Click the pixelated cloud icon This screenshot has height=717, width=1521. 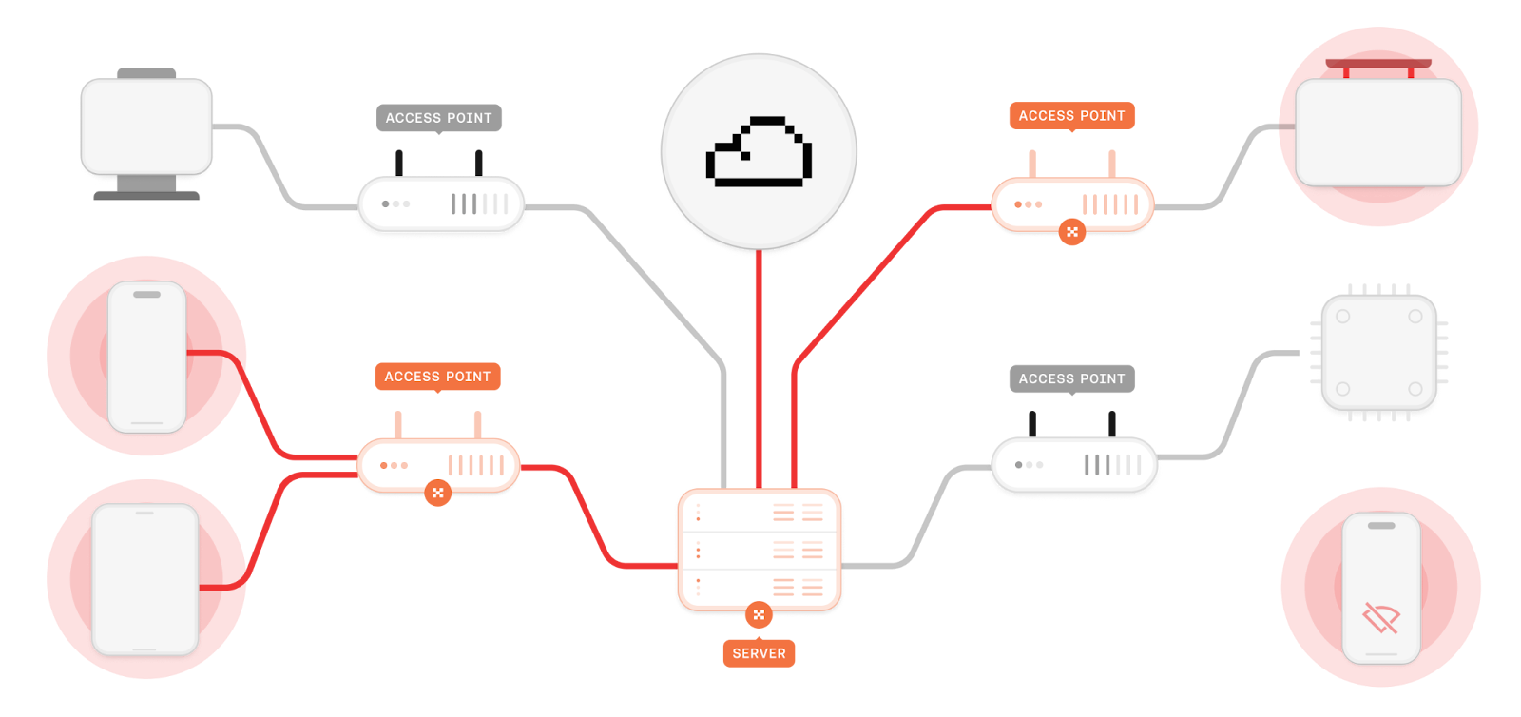pos(759,152)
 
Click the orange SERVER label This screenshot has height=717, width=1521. pos(759,653)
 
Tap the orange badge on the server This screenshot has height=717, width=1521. pos(759,614)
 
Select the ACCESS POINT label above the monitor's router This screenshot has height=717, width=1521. pos(438,118)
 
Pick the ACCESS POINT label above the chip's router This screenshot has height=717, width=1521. pos(1071,378)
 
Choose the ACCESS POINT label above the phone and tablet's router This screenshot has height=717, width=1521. pos(437,377)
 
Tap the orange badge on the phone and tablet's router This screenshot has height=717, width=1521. pos(437,493)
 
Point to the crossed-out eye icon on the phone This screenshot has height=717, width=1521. pos(1380,618)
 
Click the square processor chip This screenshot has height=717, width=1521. pos(1378,353)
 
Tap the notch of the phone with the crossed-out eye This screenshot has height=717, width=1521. pos(1380,525)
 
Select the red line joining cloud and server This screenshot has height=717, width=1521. pos(759,371)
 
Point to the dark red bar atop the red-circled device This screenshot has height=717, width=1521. pos(1378,64)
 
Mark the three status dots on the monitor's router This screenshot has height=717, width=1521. pos(395,203)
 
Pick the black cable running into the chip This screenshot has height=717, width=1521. pos(1236,399)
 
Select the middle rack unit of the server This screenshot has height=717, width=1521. pos(759,551)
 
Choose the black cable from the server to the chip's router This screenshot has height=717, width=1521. pos(922,523)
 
